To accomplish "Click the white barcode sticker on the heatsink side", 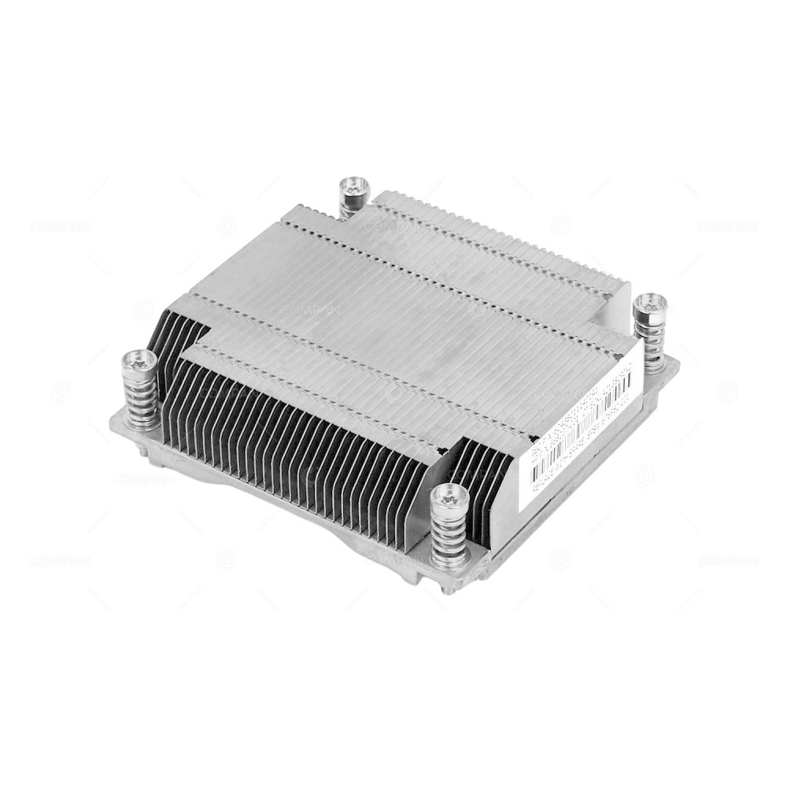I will pos(581,425).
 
